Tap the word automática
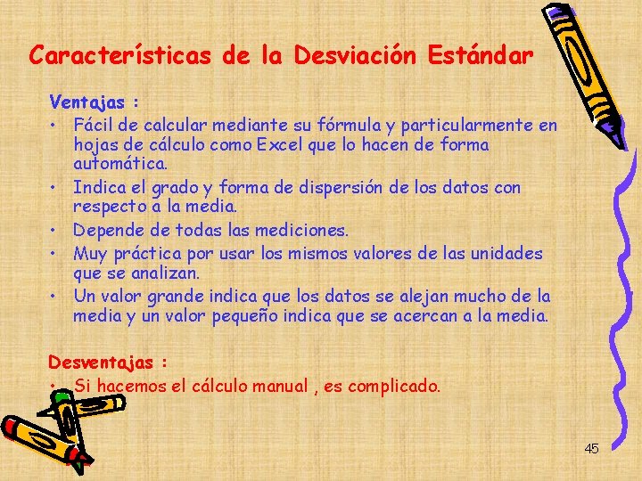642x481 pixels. pyautogui.click(x=120, y=165)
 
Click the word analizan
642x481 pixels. pyautogui.click(x=162, y=273)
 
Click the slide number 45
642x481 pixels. pyautogui.click(x=591, y=449)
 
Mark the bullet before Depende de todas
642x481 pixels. pyautogui.click(x=55, y=231)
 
